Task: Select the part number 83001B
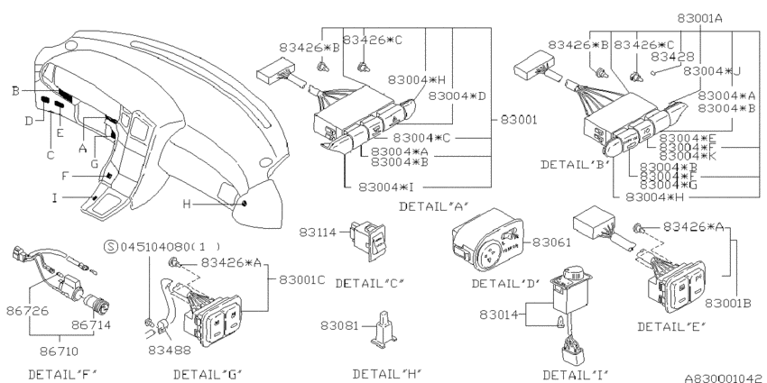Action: tap(729, 303)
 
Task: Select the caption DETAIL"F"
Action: tap(62, 372)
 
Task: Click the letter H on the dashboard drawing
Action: tap(187, 204)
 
